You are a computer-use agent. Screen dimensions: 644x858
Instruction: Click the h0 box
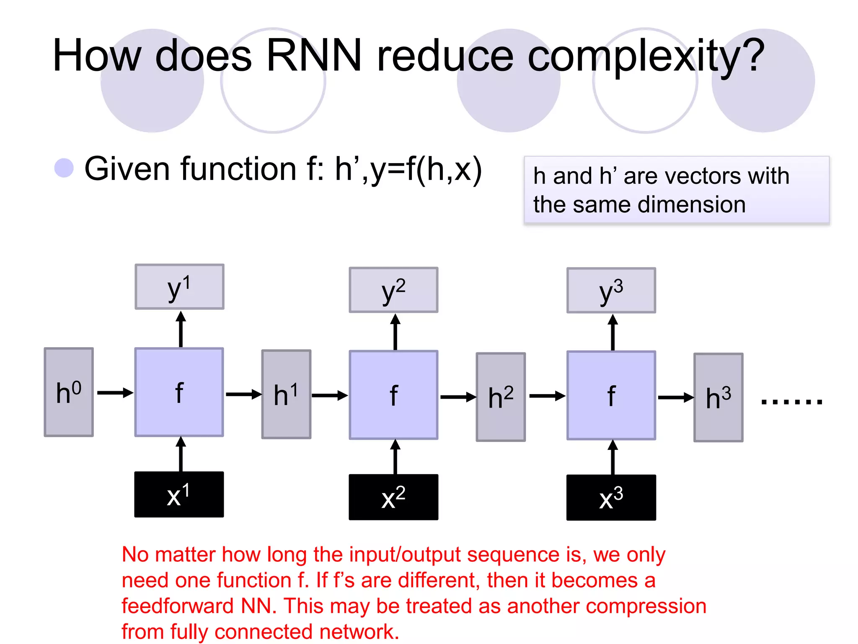[x=69, y=392]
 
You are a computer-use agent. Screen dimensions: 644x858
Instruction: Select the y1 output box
[x=179, y=287]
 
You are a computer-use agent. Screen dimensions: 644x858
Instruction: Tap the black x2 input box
[x=393, y=497]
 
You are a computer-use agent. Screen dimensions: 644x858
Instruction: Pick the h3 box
[x=718, y=397]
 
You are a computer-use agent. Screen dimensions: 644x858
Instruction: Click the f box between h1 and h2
[x=393, y=395]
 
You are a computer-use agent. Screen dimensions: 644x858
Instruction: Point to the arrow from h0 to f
[x=115, y=393]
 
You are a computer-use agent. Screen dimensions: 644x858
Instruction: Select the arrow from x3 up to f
[x=612, y=457]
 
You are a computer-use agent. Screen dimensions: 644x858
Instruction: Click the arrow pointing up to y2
[x=395, y=332]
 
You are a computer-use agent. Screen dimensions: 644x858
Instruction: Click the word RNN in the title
[x=314, y=56]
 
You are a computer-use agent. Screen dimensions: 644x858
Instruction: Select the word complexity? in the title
[x=646, y=57]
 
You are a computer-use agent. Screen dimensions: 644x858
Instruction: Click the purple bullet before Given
[x=64, y=168]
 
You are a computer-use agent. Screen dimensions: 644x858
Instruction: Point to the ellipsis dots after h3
[x=791, y=402]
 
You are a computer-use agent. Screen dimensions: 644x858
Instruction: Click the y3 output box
[x=611, y=290]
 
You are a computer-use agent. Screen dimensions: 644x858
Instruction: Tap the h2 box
[x=501, y=397]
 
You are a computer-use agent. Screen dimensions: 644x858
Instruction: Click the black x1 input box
[x=179, y=495]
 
